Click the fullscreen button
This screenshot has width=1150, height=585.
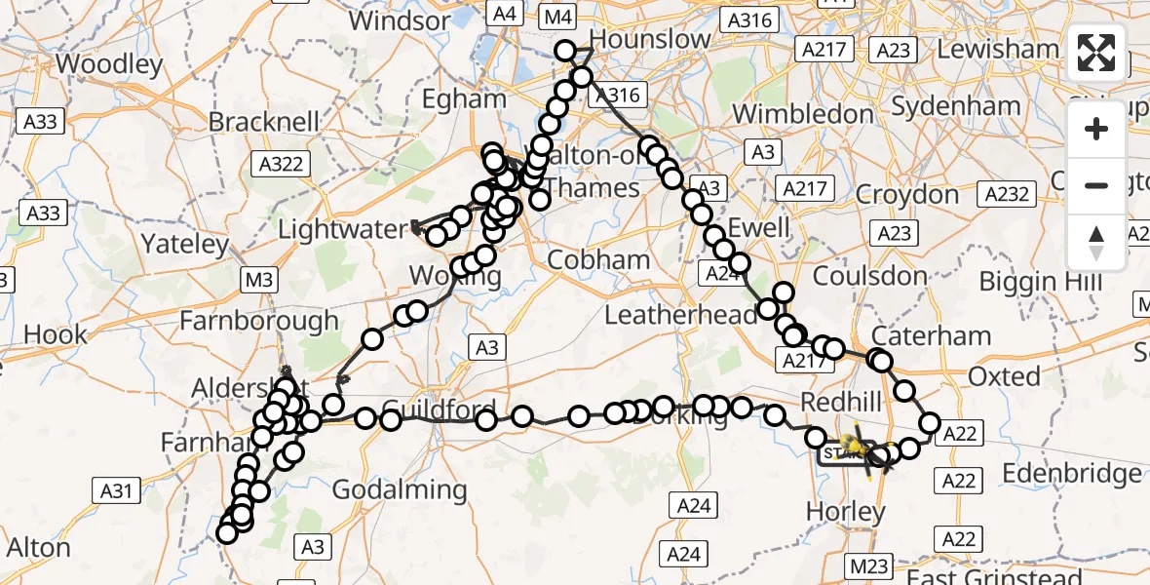click(1096, 53)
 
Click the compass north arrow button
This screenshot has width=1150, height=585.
click(1096, 243)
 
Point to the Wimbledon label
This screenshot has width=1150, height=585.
click(803, 113)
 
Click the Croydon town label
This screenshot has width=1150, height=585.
click(907, 194)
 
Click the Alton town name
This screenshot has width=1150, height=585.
click(39, 547)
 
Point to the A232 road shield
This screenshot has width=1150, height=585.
click(1007, 193)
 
